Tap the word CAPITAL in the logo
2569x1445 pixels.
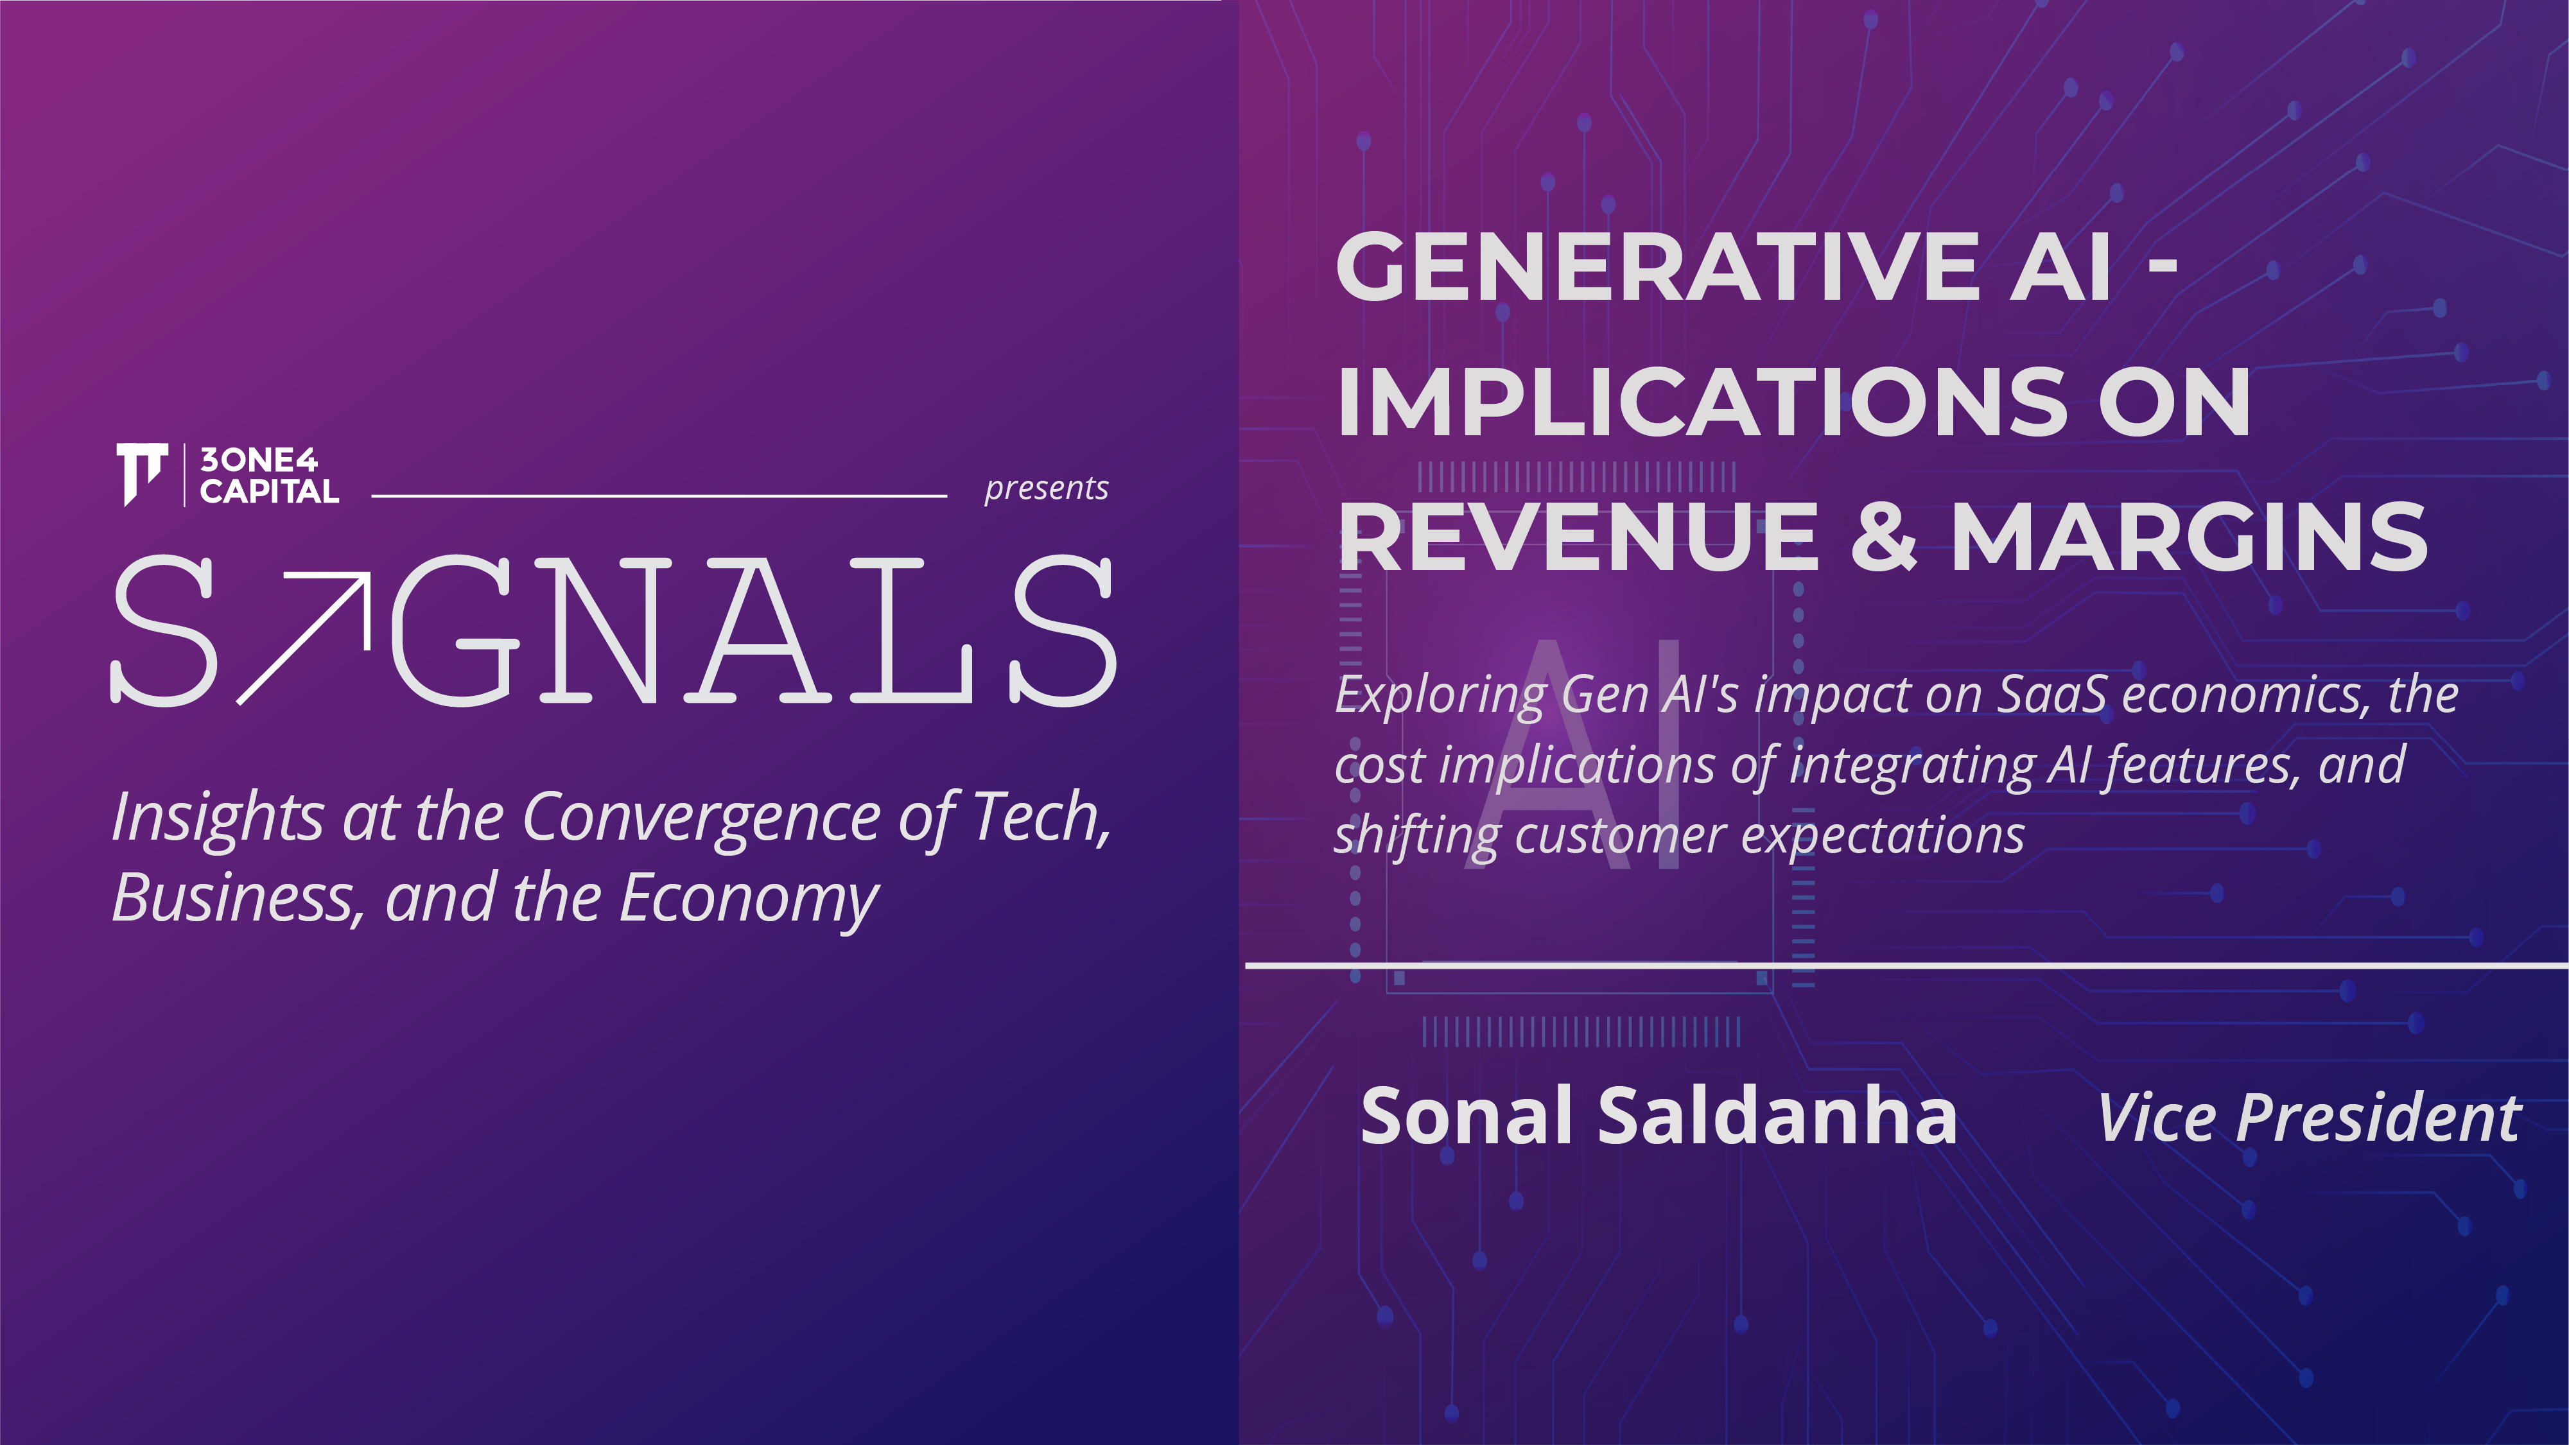coord(269,490)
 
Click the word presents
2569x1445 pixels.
coord(1046,489)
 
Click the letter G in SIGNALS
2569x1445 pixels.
coord(455,630)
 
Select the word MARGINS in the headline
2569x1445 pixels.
coord(2189,537)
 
